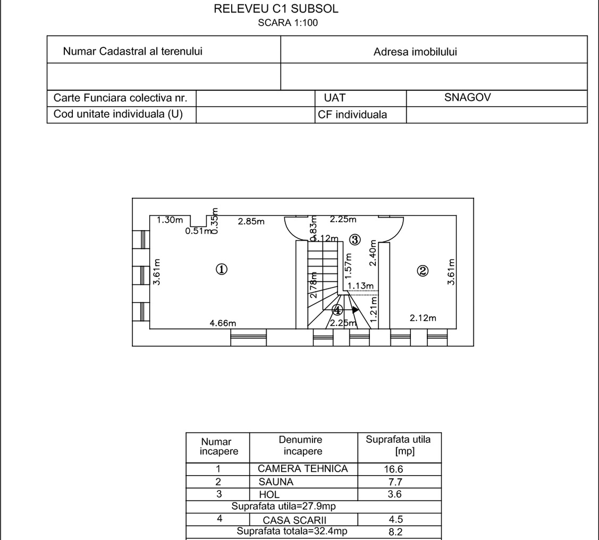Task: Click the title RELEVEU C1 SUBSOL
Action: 276,8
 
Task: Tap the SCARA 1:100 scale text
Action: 288,22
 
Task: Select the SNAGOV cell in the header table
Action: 467,98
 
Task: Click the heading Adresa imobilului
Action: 415,52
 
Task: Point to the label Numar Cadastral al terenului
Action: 133,51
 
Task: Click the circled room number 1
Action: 222,270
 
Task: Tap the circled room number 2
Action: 422,271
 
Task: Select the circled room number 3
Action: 354,240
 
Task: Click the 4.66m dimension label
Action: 223,323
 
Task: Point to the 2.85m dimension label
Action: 251,222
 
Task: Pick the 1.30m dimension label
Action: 170,220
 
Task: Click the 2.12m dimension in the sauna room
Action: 423,318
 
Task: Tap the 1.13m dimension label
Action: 360,286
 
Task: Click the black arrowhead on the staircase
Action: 355,309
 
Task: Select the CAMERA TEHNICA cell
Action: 302,469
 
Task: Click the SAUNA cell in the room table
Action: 276,482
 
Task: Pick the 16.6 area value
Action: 393,469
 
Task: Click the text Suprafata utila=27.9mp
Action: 284,507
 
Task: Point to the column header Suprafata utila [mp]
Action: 398,445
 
